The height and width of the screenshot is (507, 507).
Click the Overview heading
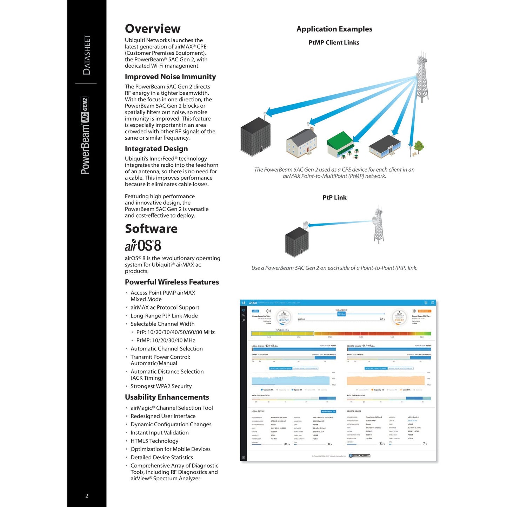(153, 29)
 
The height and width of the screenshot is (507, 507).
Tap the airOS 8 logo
(143, 246)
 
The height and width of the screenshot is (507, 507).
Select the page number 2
(87, 496)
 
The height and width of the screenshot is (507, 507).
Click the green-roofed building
(340, 144)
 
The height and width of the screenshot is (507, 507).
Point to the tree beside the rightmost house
(418, 147)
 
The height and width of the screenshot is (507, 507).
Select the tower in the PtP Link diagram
(379, 225)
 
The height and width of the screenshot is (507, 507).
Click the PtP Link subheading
(334, 198)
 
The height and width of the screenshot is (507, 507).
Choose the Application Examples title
(334, 29)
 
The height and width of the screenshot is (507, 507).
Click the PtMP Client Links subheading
(334, 42)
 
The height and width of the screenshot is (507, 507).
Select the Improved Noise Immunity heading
(170, 77)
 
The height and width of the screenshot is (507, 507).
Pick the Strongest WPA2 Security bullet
(161, 386)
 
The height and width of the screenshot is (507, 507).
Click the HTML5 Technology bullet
(154, 441)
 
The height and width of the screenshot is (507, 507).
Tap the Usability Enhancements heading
(167, 397)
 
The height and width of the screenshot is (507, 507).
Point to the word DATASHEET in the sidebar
(86, 55)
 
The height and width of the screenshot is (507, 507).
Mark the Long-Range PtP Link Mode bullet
(164, 316)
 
